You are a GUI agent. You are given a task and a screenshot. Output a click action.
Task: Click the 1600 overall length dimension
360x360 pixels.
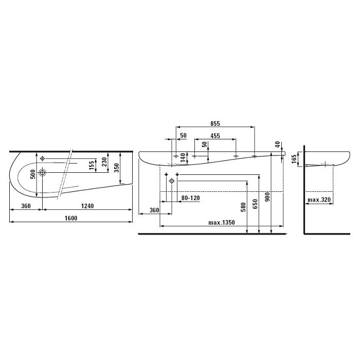(x=70, y=219)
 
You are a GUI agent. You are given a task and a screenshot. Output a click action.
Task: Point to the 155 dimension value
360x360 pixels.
(x=91, y=165)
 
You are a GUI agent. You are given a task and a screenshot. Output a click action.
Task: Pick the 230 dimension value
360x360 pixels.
(x=104, y=163)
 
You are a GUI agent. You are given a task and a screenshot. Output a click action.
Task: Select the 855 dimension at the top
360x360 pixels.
(x=214, y=123)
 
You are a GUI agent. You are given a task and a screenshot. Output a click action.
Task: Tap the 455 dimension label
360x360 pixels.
(x=215, y=136)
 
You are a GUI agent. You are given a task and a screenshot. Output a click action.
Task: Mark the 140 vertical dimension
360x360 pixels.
(x=183, y=156)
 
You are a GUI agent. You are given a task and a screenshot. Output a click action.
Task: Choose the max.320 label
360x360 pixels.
(x=319, y=199)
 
